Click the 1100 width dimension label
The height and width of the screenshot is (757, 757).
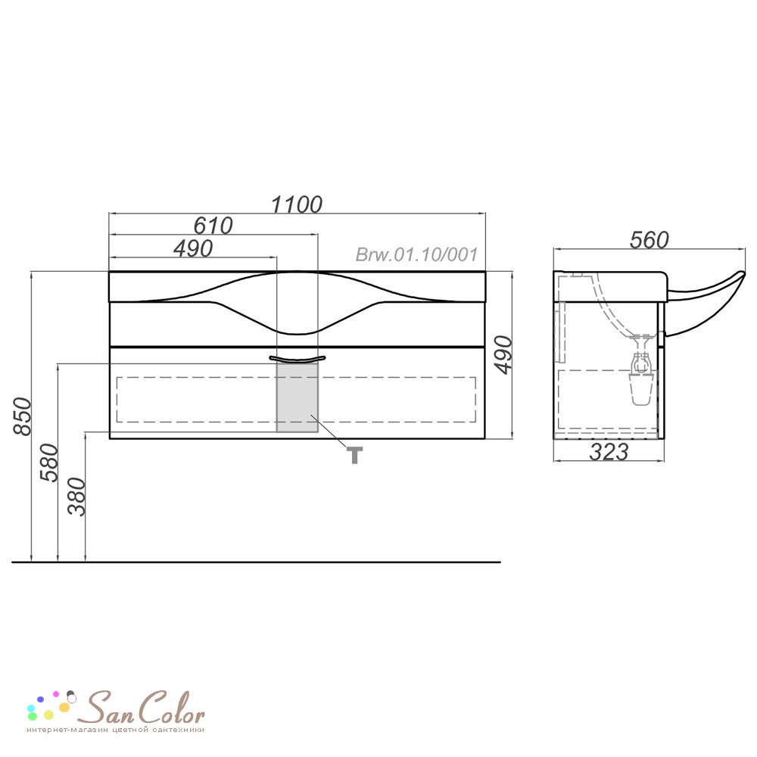297,204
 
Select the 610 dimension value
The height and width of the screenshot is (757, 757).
213,226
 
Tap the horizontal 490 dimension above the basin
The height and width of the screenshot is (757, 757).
192,248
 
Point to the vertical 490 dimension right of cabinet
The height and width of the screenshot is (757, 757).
503,355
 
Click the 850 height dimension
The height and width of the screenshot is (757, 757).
22,416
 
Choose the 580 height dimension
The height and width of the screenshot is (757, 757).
49,463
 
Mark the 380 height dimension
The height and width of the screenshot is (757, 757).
76,497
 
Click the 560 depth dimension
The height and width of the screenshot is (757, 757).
649,240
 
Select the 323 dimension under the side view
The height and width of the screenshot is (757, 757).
609,452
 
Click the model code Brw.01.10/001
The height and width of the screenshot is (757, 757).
416,254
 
